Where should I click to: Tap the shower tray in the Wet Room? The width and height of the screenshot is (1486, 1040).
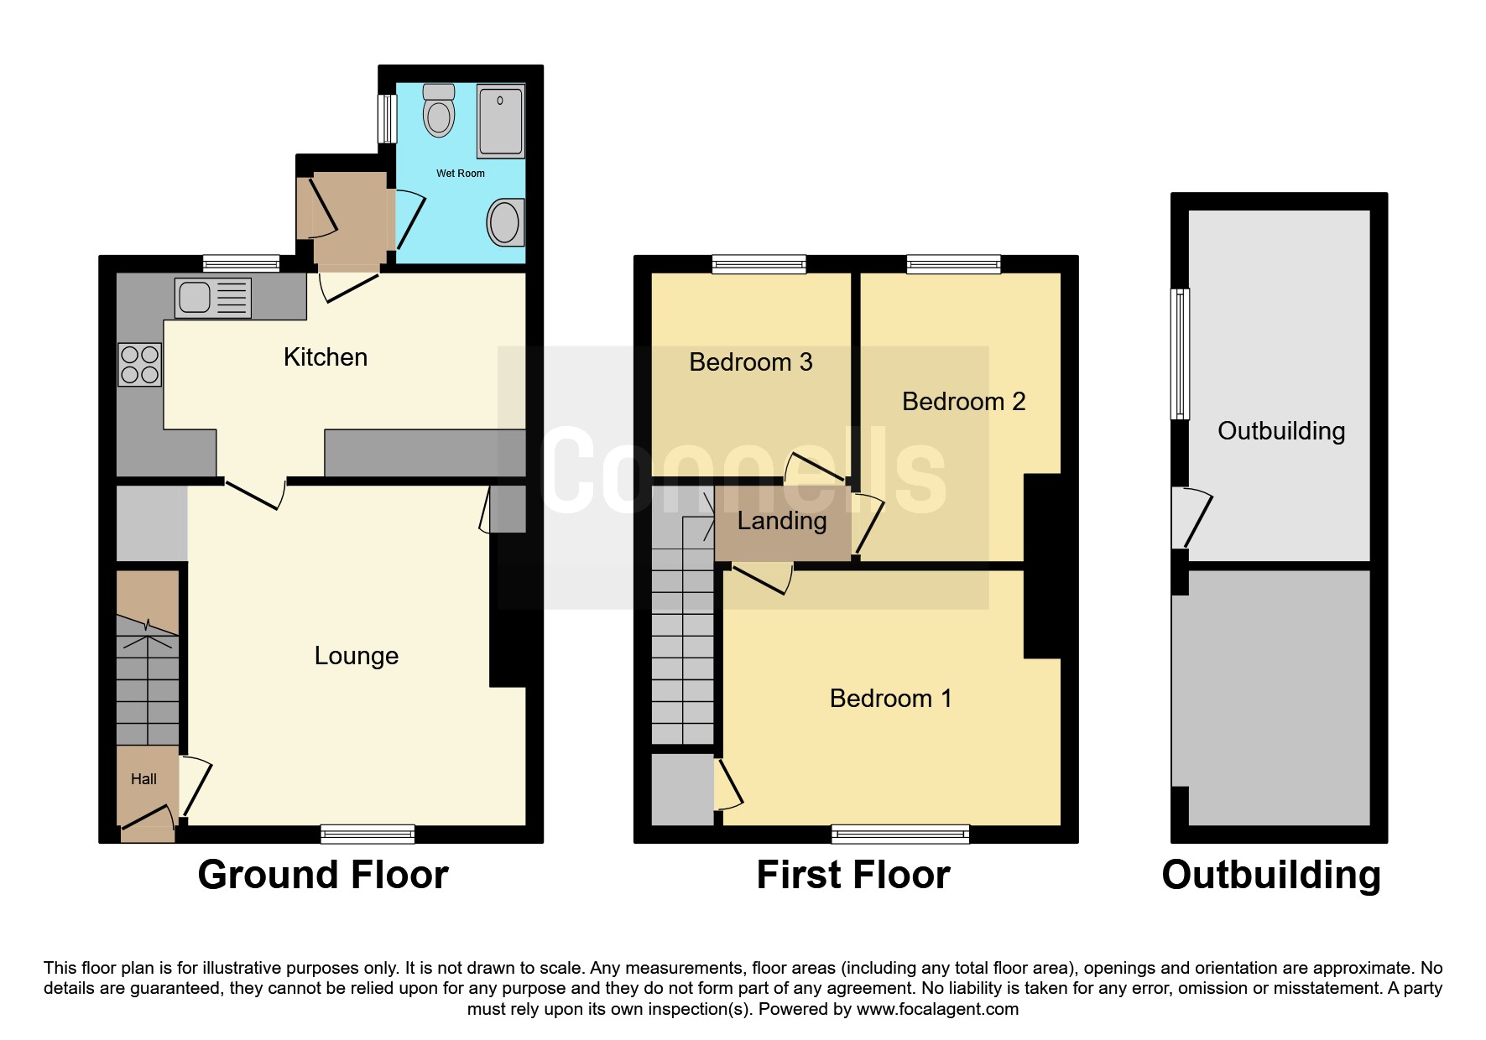501,122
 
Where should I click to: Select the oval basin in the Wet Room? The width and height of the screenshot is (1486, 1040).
505,222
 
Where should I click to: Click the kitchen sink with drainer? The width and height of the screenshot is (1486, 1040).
213,298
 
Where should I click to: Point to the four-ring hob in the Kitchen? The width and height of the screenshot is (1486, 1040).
139,365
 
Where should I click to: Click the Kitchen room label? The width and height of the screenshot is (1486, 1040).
326,357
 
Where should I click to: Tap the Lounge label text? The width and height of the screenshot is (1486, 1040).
356,656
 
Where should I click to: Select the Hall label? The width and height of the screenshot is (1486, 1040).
143,779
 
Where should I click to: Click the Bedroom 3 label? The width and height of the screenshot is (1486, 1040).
750,362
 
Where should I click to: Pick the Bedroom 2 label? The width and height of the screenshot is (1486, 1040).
963,402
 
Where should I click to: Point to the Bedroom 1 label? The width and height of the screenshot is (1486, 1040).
890,699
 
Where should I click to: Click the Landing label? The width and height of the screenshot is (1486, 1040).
782,521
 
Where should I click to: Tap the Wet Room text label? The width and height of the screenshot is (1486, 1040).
460,174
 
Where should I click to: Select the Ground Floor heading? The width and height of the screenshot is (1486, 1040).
323,875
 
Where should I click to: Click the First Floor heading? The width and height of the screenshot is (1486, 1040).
852,875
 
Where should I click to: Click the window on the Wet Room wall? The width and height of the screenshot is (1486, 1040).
386,118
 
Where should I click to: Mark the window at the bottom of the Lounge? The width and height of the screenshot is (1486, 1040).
368,834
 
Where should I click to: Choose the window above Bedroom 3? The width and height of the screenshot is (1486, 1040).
759,264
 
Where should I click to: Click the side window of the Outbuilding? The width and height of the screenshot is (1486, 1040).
1180,353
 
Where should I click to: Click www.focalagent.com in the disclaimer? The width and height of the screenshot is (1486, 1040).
936,1009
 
